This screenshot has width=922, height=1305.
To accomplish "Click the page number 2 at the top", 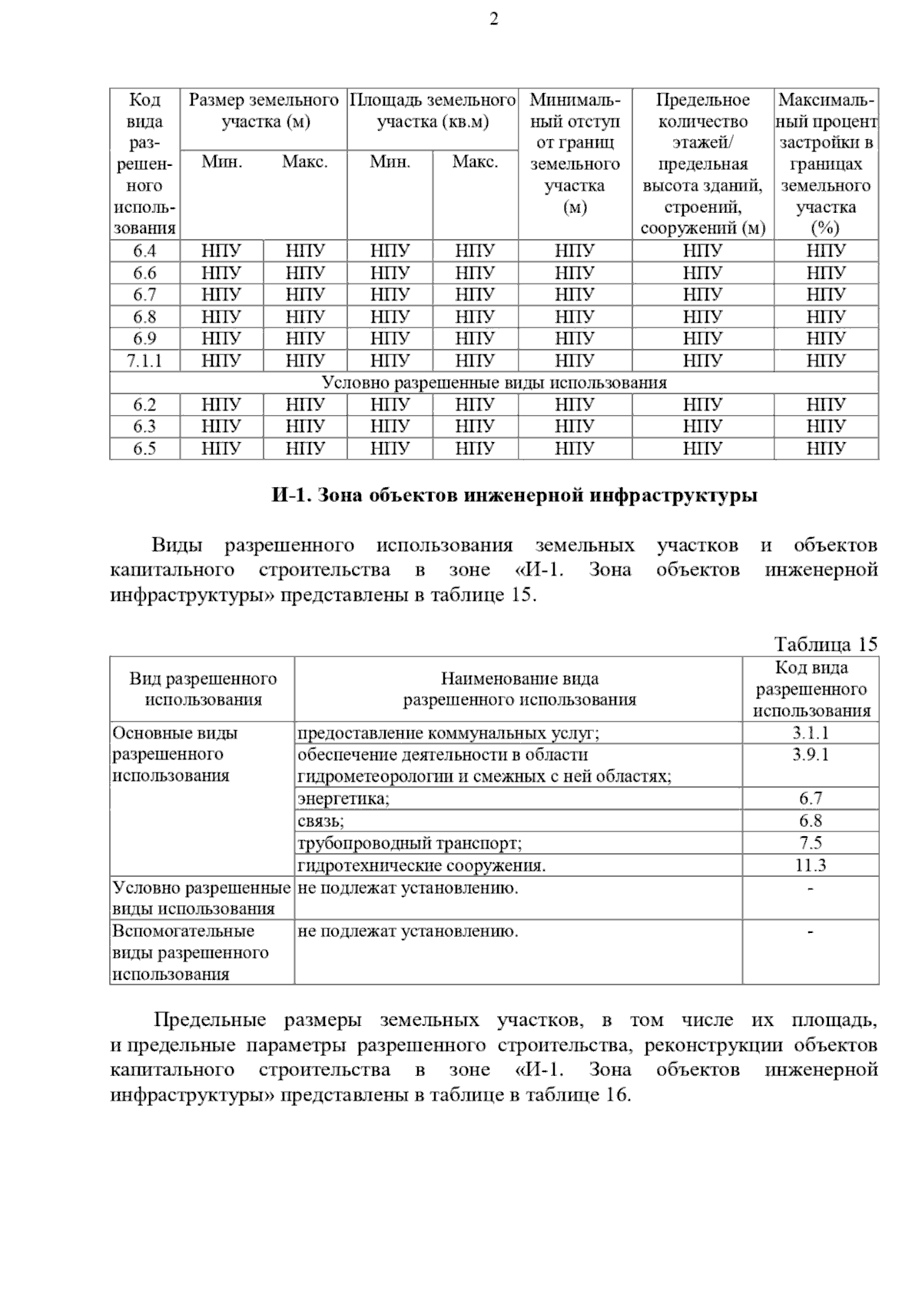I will pyautogui.click(x=494, y=19).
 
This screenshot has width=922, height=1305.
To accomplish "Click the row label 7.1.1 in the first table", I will pyautogui.click(x=144, y=360).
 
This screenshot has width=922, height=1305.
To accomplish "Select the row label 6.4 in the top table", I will pyautogui.click(x=144, y=251).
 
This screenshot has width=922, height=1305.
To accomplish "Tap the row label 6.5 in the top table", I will pyautogui.click(x=144, y=448).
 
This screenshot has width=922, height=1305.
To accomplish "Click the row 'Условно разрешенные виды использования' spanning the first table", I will pyautogui.click(x=494, y=383).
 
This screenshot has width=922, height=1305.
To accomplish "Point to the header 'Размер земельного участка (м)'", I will pyautogui.click(x=264, y=111).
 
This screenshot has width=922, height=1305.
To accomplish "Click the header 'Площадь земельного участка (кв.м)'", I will pyautogui.click(x=433, y=111).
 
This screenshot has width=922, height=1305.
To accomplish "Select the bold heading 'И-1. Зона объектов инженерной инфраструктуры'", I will pyautogui.click(x=515, y=496).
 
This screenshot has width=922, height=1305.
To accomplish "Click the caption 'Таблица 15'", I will pyautogui.click(x=825, y=644).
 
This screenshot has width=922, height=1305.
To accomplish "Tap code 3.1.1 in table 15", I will pyautogui.click(x=811, y=733).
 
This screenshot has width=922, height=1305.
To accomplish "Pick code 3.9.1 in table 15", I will pyautogui.click(x=811, y=755).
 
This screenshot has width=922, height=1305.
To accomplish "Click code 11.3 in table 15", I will pyautogui.click(x=811, y=865).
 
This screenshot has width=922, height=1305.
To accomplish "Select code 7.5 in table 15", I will pyautogui.click(x=811, y=843).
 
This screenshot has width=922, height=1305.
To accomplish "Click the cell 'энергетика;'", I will pyautogui.click(x=343, y=799).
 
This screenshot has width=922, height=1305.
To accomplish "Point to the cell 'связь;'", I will pyautogui.click(x=321, y=821).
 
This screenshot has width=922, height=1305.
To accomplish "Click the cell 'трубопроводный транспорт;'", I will pyautogui.click(x=410, y=843).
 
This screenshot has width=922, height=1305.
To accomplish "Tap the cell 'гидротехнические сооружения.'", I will pyautogui.click(x=422, y=865).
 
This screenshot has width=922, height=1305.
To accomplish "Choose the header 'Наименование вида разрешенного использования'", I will pyautogui.click(x=519, y=689).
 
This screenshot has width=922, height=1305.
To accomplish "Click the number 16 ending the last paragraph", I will pyautogui.click(x=617, y=1094).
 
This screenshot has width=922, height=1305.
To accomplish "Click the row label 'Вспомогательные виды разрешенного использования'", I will pyautogui.click(x=191, y=953).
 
